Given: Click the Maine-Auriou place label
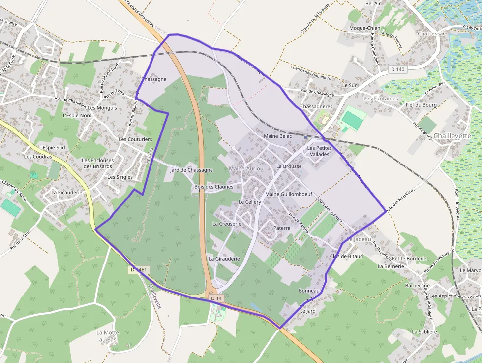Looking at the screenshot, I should (246, 168).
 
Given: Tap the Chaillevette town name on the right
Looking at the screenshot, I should (452, 135).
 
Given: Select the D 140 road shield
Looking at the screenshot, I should (397, 69).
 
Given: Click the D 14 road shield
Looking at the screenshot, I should (216, 298).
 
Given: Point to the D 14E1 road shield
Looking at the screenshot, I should (140, 270).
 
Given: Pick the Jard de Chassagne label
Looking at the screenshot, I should (191, 170).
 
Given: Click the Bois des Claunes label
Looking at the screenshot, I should (213, 187).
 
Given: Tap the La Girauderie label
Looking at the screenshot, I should (224, 258).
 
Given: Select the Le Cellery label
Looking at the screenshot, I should (250, 202).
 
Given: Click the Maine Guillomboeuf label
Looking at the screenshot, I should (289, 194).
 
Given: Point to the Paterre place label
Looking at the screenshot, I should (282, 228).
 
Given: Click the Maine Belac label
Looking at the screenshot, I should (278, 136).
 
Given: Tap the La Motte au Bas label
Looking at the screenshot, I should (107, 336).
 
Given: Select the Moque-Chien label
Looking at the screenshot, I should (364, 28).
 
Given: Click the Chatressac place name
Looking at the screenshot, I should (431, 33).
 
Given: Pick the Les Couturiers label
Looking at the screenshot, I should (135, 139).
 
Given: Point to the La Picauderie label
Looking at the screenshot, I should (66, 192).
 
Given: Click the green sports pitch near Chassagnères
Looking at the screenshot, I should (353, 119).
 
